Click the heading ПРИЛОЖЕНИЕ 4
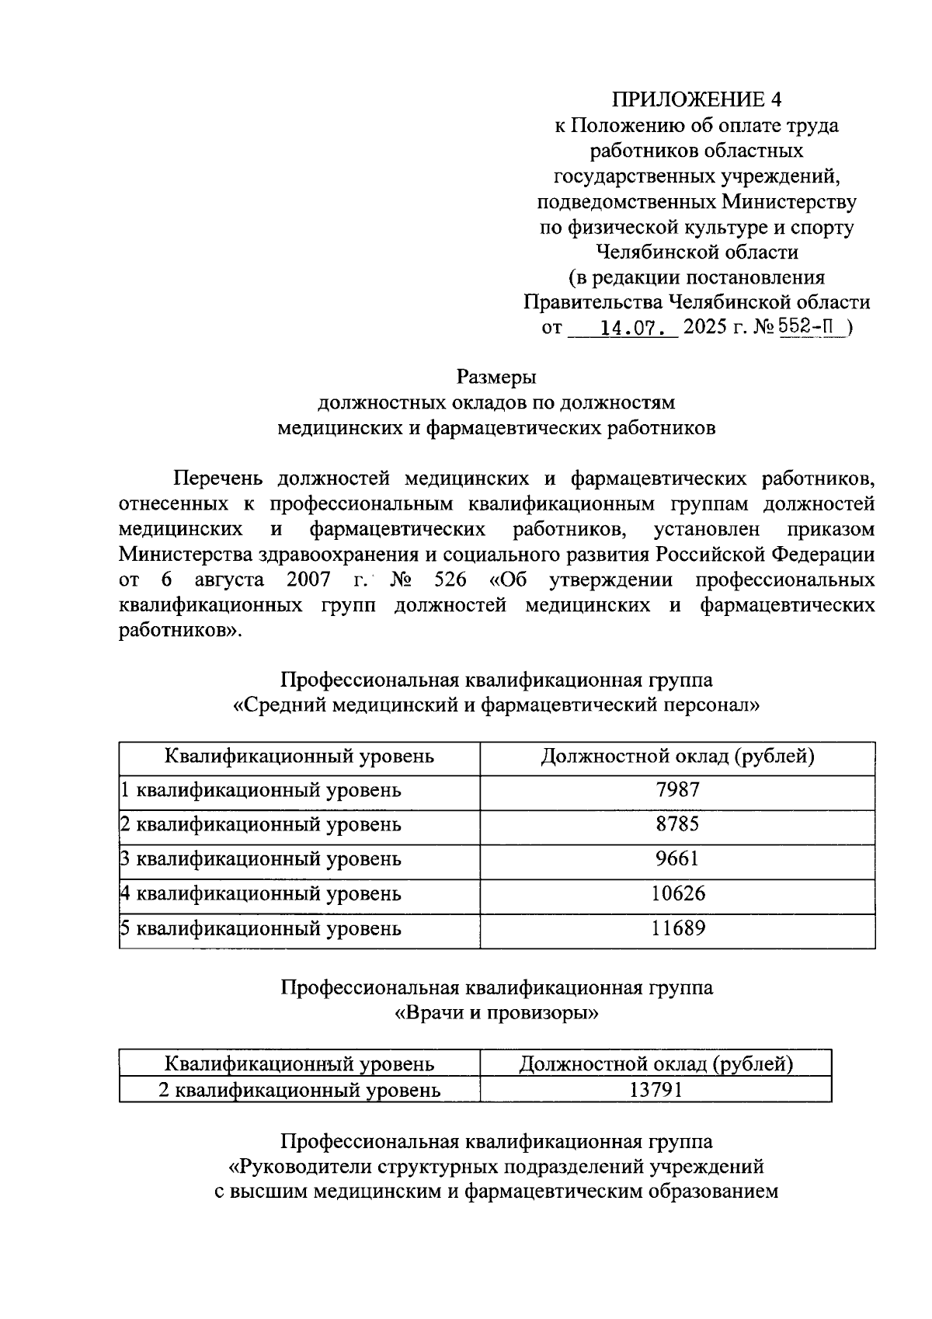[x=697, y=99]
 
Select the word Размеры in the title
[x=497, y=378]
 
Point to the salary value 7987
[x=677, y=790]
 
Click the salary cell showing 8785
[x=677, y=824]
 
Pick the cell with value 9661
[x=677, y=858]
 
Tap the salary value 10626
[x=677, y=893]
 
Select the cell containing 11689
[x=677, y=928]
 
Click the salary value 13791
[x=656, y=1090]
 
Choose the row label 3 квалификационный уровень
[x=261, y=859]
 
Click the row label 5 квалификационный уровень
[x=261, y=929]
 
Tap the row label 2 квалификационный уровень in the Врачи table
[x=299, y=1091]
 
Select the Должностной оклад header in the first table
[x=677, y=756]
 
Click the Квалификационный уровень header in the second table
[x=299, y=1063]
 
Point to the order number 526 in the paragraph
[x=446, y=580]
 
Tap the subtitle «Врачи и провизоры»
[x=497, y=1014]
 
